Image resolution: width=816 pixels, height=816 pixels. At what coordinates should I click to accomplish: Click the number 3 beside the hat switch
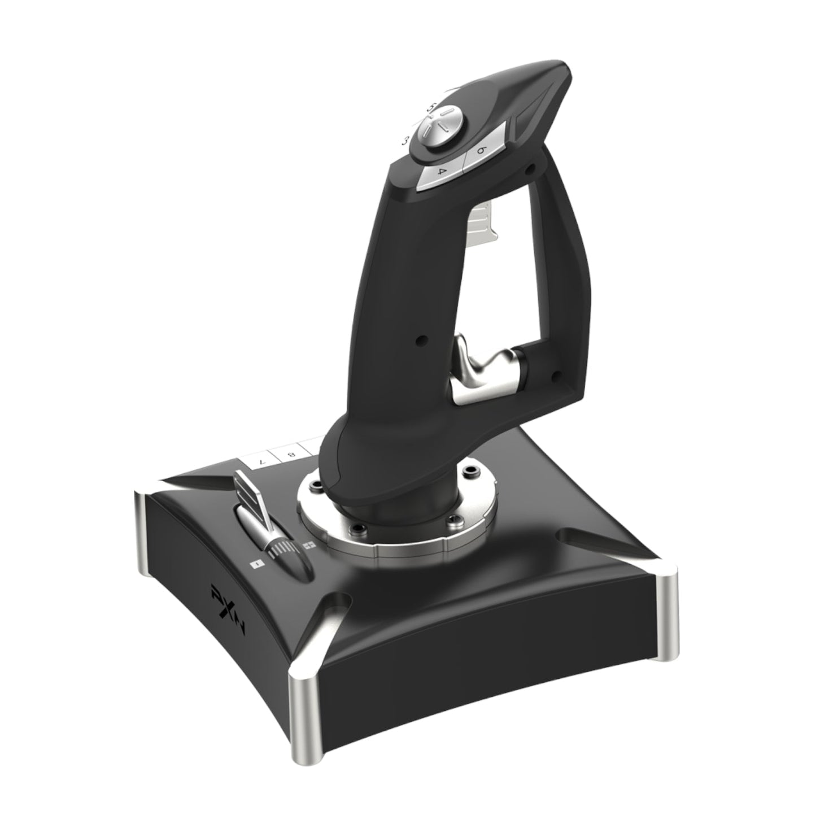click(x=404, y=140)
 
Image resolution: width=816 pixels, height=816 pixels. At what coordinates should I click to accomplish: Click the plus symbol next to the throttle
click(x=308, y=546)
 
